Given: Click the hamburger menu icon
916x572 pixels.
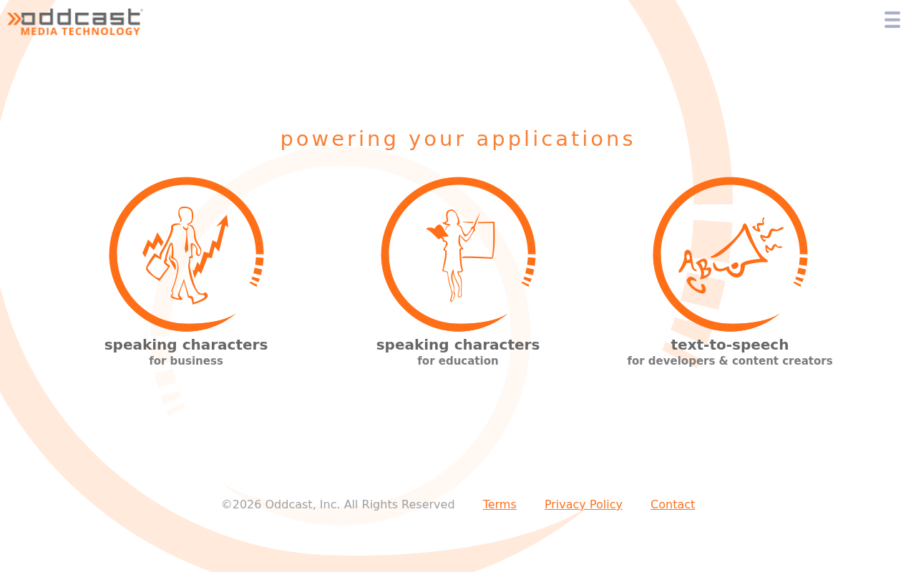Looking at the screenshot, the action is (892, 19).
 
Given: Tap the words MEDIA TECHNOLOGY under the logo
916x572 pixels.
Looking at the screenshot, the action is (81, 31).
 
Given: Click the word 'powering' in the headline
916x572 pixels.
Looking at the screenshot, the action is (338, 139).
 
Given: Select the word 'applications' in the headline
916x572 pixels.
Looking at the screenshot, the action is (555, 139).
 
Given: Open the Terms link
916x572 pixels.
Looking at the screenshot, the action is (500, 504).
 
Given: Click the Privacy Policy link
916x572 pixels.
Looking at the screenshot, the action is (583, 505).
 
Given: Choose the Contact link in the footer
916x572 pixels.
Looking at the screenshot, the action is (673, 504).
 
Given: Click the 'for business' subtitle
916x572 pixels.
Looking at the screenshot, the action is (186, 361).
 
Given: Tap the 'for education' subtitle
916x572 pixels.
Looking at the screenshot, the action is (457, 361).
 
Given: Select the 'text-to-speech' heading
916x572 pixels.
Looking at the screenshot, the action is (730, 345).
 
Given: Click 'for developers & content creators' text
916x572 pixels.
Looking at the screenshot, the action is (730, 361).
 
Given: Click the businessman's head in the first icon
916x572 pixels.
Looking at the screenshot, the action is (185, 215).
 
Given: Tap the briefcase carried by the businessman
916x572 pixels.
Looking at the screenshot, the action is (157, 267).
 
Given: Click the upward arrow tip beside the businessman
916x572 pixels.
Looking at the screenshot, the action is (225, 217).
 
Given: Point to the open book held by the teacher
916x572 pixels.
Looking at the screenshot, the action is (437, 232).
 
